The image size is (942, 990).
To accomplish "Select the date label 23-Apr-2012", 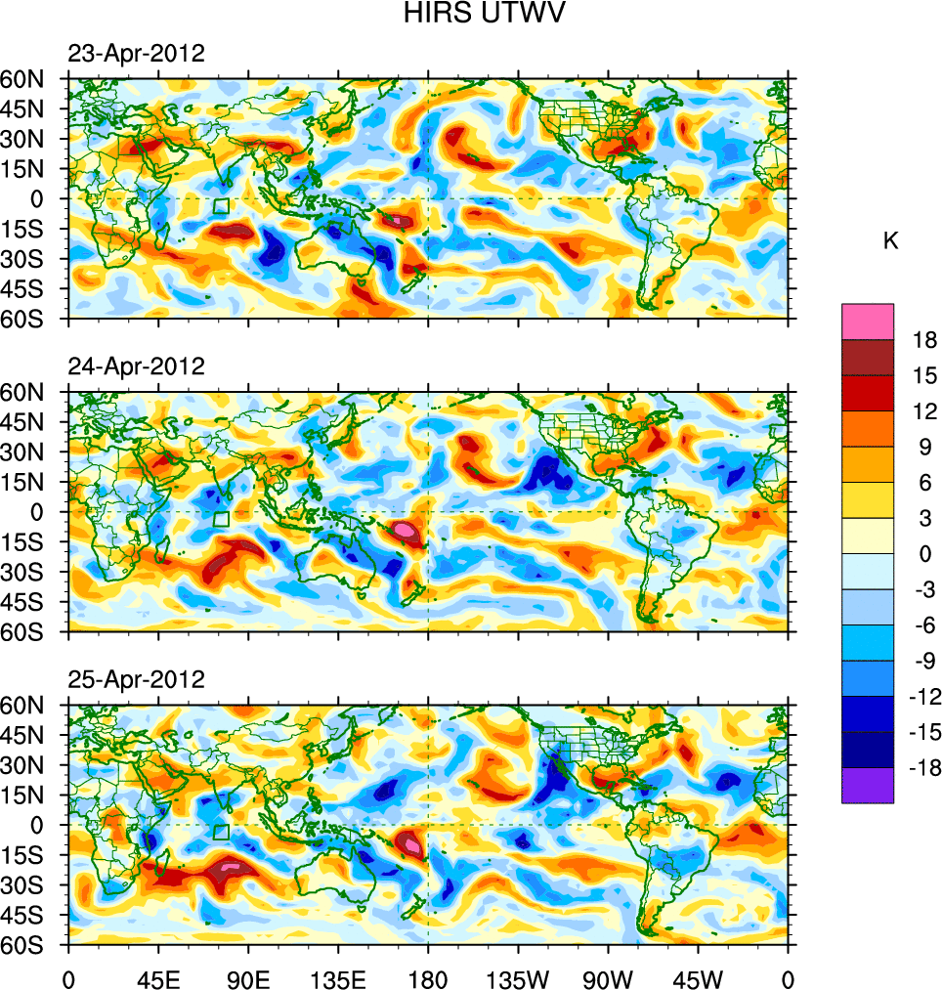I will point(136,54).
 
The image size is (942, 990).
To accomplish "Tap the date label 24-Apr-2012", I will point(136,366).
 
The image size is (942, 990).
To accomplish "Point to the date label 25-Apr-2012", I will point(136,679).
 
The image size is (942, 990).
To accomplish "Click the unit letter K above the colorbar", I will point(890,241).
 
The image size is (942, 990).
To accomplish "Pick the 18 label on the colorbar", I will point(923,340).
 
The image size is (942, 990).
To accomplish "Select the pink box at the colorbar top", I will point(867,322).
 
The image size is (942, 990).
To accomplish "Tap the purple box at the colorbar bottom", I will point(867,785).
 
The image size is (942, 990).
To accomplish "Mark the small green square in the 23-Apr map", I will point(221,206).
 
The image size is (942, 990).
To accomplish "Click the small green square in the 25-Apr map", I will point(221,832).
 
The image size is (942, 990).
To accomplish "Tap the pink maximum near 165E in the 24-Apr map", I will point(405,531).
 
